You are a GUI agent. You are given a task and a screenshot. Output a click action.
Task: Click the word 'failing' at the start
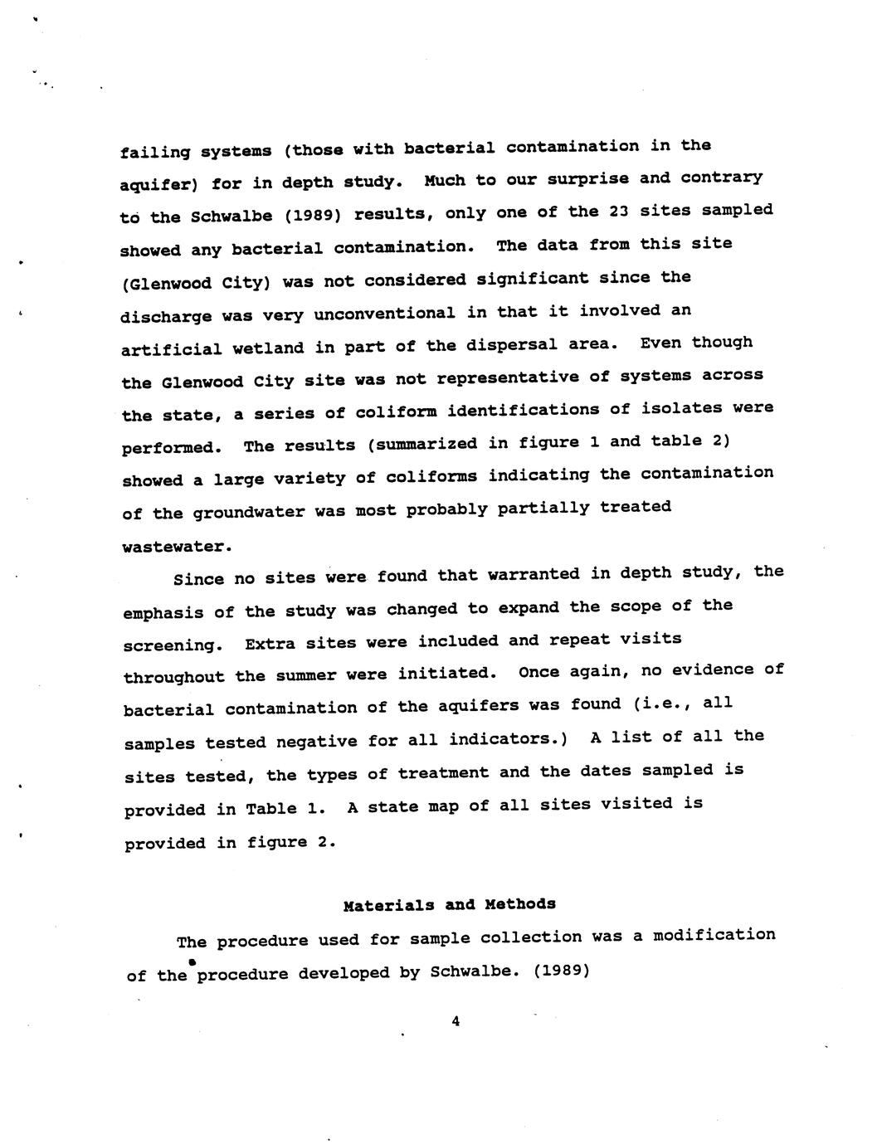point(155,153)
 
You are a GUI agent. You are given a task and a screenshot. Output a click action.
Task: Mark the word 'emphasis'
point(163,612)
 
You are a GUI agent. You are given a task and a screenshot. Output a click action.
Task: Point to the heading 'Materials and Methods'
point(449,904)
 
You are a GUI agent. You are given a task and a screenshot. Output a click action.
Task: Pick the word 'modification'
point(714,936)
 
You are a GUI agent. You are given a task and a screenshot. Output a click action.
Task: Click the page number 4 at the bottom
point(456,1022)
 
